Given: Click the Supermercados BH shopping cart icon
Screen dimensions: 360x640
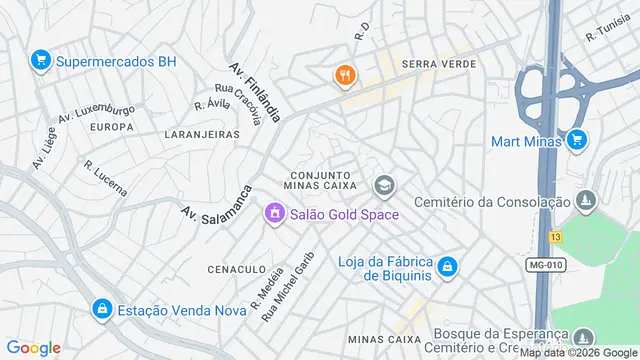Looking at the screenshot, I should tap(41, 61).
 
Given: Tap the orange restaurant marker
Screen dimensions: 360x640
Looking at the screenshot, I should tap(344, 75).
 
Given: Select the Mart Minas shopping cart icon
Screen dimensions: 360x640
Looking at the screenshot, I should tap(576, 141).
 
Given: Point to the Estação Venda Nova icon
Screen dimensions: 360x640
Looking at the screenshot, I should tap(101, 310).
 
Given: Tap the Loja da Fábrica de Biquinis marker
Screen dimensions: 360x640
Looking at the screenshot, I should tap(448, 267).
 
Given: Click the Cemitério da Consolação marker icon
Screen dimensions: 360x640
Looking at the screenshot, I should tap(588, 203).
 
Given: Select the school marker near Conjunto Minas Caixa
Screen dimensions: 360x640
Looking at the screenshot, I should tap(383, 185).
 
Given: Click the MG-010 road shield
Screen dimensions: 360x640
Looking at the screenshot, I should tap(547, 263).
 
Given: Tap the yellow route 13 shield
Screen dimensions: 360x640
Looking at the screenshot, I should tap(555, 236).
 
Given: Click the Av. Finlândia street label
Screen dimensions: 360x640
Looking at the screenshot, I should tap(254, 91).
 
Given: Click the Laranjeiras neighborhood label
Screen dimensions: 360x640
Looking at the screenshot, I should tap(202, 133).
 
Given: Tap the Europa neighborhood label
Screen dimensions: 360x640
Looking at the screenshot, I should tap(112, 127).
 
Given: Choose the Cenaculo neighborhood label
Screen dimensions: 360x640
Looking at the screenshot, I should tap(237, 269).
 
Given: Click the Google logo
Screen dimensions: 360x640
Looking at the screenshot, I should tap(34, 347).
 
